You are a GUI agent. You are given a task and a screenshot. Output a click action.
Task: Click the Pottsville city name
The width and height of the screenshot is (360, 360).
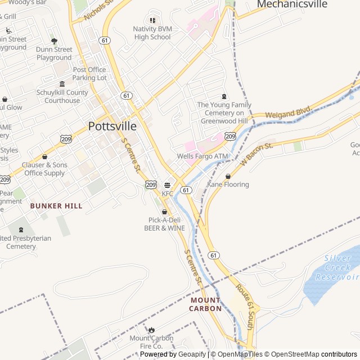coord(112,125)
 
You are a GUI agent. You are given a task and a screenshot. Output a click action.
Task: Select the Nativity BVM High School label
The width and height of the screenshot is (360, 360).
coord(152,33)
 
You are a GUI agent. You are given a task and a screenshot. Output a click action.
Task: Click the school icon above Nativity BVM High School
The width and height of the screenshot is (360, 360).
coord(152,20)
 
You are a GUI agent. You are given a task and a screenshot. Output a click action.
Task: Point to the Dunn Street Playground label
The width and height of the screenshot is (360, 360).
coord(54,53)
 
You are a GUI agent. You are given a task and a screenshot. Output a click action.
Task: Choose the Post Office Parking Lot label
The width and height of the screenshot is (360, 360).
coord(89,74)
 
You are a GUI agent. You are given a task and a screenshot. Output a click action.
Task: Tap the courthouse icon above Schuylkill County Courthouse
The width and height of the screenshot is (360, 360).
coord(62,84)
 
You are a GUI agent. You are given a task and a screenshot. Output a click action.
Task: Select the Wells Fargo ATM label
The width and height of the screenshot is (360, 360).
coord(202,156)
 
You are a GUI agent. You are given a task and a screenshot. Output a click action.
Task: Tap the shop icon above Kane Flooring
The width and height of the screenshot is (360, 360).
coord(228,176)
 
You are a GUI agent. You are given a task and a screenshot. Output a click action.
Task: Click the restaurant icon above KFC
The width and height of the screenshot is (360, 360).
coord(167,185)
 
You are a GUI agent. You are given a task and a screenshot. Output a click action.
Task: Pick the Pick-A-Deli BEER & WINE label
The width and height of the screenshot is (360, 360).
coord(164,224)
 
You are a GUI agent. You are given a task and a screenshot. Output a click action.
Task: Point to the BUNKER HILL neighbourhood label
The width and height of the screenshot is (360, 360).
coord(56,206)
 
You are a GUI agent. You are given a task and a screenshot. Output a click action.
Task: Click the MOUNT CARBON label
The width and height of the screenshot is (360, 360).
coord(205,304)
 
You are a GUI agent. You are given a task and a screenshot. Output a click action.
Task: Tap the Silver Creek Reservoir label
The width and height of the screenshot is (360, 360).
coord(336,268)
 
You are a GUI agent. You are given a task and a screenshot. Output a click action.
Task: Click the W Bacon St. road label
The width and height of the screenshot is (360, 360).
coord(256,154)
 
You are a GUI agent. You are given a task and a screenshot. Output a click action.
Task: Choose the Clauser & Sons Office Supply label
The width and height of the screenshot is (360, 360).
coord(44,169)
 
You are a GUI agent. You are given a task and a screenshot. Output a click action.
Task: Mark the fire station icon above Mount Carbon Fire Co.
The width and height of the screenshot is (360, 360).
coord(151,330)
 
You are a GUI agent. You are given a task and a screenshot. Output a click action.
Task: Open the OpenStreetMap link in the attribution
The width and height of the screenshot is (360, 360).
coord(292,354)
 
